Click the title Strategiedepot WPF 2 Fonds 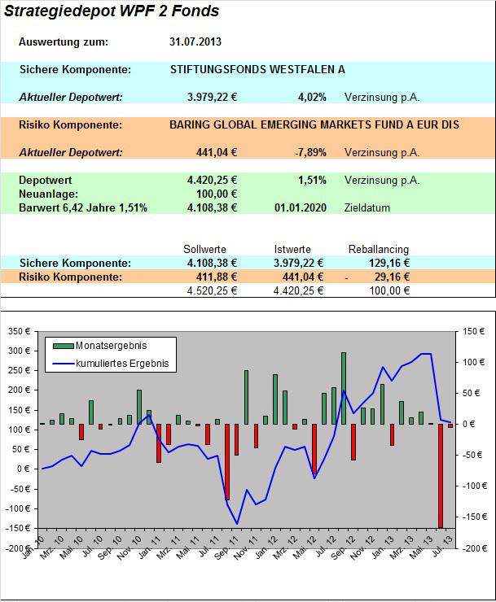111,12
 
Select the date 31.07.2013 195,42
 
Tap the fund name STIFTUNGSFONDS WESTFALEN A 257,70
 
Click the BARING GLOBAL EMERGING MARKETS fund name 314,125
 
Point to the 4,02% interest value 312,98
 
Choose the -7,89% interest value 310,153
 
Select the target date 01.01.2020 301,208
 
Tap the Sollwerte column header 205,250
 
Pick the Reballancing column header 379,250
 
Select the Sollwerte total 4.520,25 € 212,290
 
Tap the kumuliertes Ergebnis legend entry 122,364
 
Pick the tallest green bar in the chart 344,388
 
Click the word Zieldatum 367,208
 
